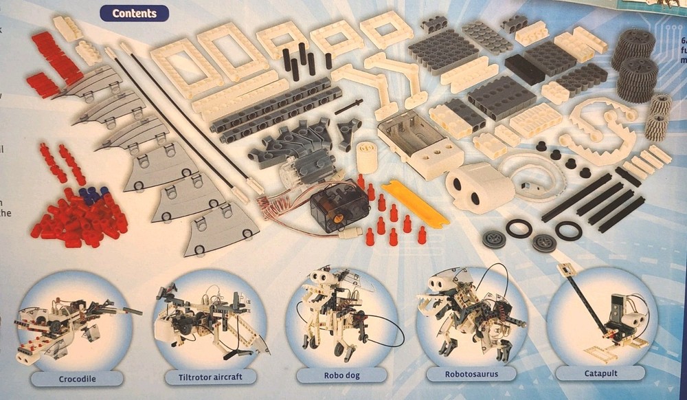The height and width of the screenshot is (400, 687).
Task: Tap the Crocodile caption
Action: point(77,378)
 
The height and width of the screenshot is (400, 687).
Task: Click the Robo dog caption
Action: point(341,376)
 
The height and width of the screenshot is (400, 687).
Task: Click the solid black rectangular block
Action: point(524,69)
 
